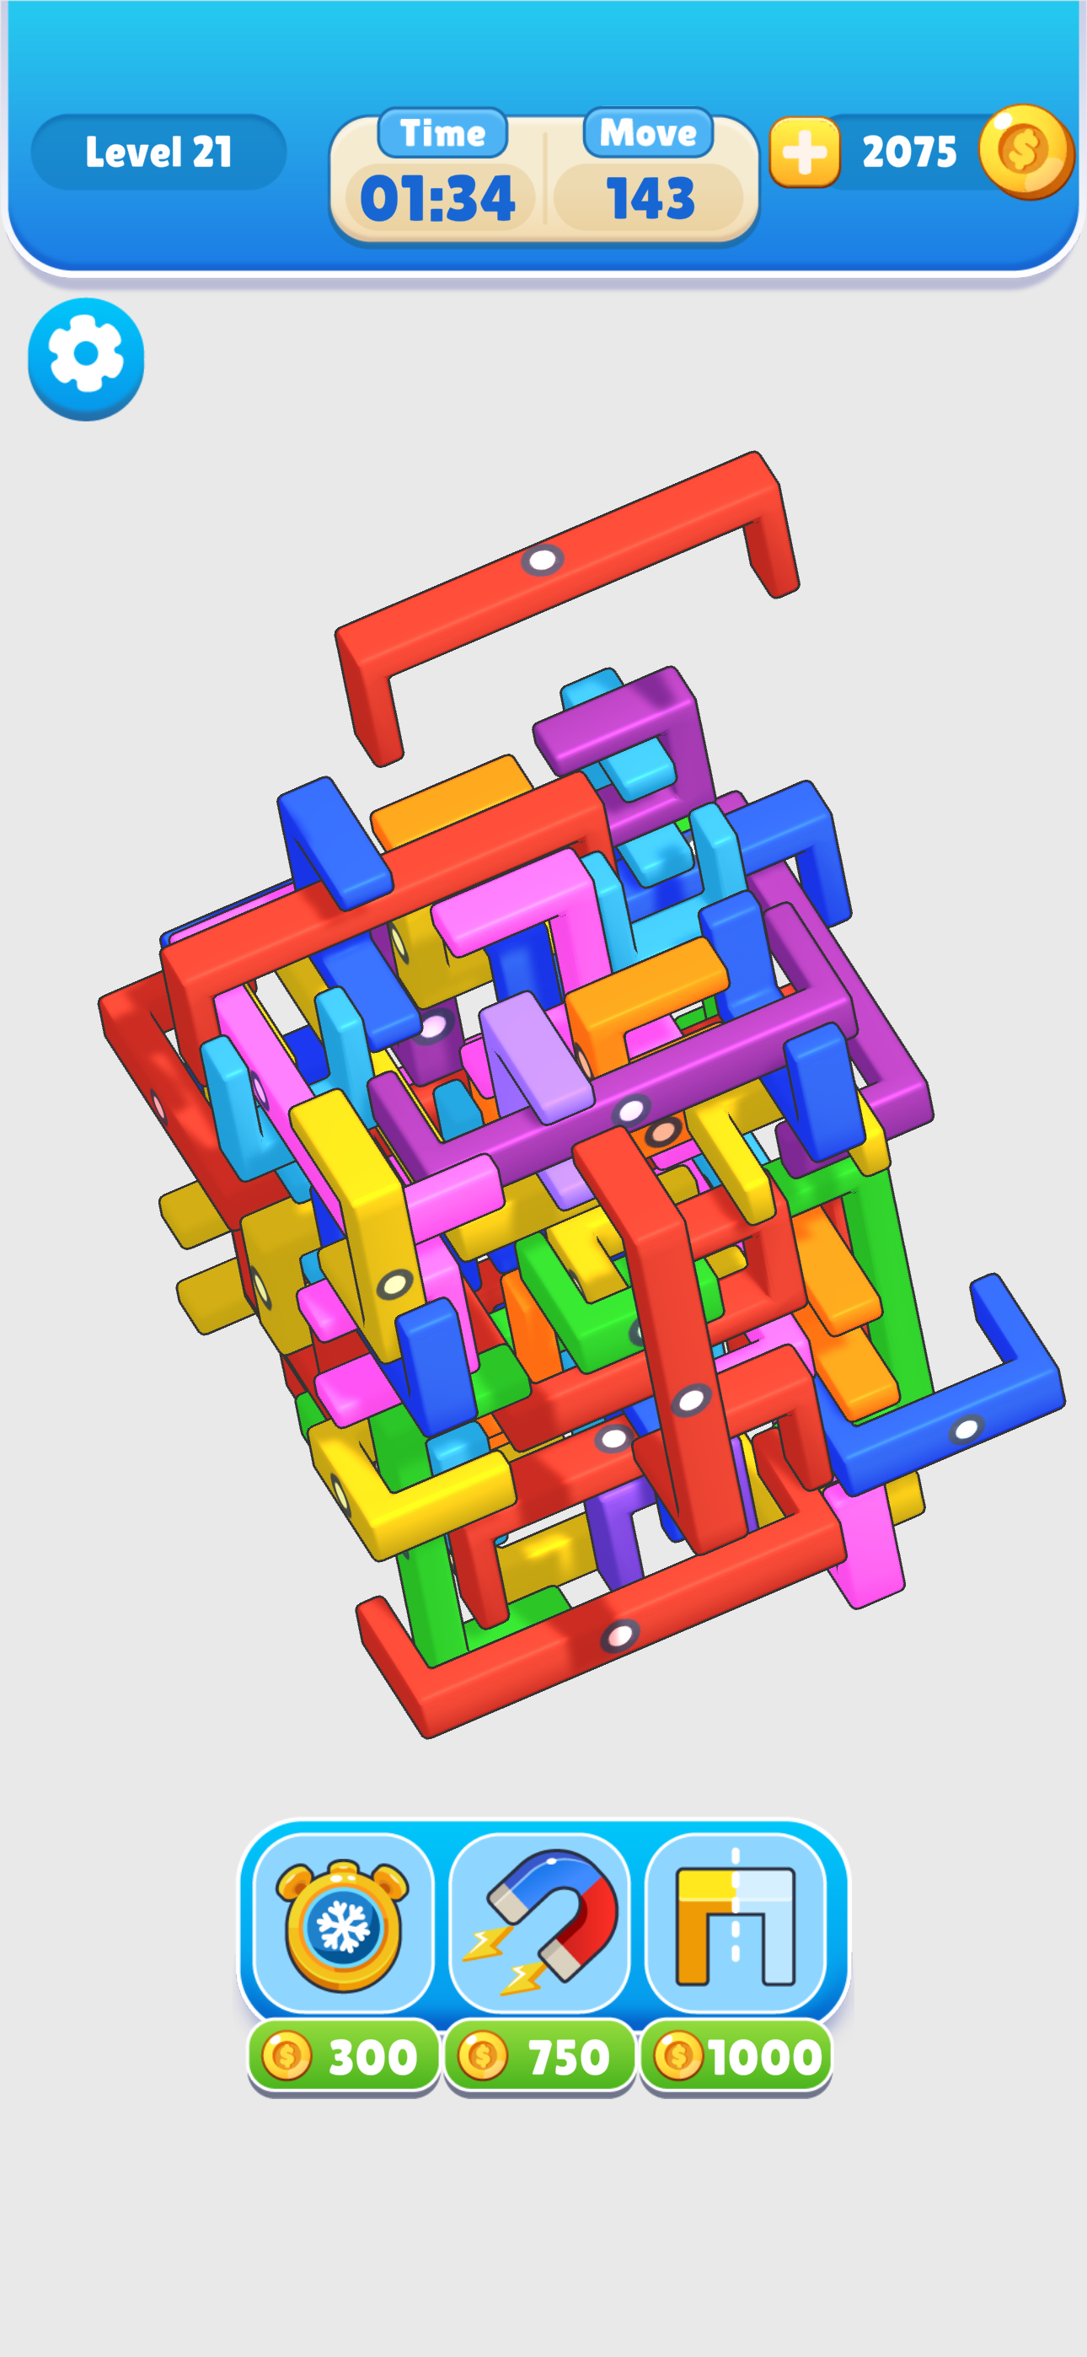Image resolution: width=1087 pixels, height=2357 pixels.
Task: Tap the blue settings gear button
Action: pos(86,358)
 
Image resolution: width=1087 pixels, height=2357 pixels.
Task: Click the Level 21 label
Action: pos(158,152)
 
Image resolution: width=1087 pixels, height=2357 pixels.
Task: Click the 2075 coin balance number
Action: pos(909,152)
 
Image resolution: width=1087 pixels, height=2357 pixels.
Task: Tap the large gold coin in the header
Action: pos(1025,151)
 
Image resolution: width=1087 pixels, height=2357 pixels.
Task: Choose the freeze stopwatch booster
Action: pos(343,1925)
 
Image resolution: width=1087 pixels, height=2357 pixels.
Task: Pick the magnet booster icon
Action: pos(540,1925)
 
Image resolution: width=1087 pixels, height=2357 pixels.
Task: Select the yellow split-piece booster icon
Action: pos(736,1925)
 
